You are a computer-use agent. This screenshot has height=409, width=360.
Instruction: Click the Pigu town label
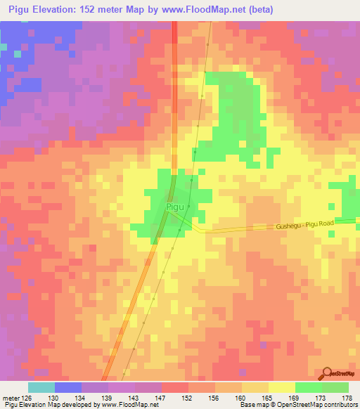pyautogui.click(x=176, y=207)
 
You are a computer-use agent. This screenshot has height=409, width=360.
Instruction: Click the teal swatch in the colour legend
pyautogui.click(x=41, y=387)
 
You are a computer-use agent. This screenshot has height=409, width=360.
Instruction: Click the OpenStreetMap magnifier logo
pyautogui.click(x=328, y=373)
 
